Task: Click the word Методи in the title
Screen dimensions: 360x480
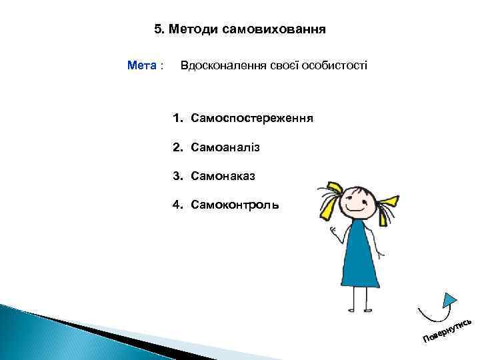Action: click(x=193, y=29)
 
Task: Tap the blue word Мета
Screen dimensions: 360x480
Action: click(x=142, y=66)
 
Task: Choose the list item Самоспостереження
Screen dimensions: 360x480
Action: click(x=252, y=118)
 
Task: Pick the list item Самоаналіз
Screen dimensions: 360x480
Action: click(x=225, y=147)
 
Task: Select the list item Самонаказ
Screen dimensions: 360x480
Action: click(x=222, y=176)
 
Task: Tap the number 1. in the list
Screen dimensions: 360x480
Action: click(x=177, y=118)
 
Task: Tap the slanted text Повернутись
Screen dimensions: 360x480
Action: click(x=447, y=327)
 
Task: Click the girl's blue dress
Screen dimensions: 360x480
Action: click(x=361, y=260)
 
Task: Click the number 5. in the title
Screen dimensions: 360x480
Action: click(x=159, y=29)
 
